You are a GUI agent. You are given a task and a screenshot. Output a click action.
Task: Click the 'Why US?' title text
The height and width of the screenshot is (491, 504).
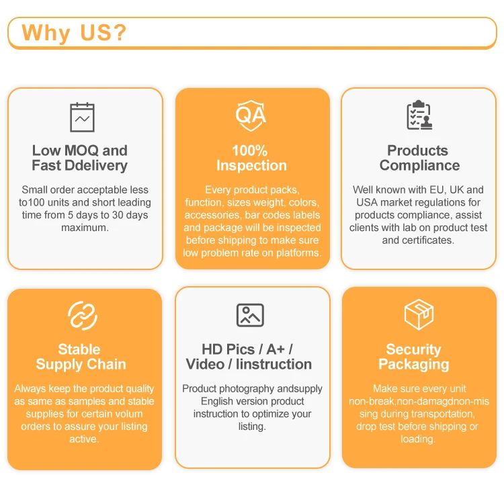(74, 33)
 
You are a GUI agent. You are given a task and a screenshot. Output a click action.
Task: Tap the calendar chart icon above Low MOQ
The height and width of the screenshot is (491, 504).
(83, 118)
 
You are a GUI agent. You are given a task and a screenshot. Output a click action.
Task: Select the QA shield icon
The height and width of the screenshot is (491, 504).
(251, 114)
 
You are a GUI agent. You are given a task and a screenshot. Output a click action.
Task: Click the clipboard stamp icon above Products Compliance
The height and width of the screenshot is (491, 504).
(419, 116)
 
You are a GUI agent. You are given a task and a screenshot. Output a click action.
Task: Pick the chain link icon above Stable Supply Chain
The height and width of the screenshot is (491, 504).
(83, 316)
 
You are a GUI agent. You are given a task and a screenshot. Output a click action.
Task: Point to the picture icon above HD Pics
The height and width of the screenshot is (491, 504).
(250, 315)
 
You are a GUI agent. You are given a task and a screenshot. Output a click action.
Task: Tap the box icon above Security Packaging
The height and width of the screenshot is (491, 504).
(419, 314)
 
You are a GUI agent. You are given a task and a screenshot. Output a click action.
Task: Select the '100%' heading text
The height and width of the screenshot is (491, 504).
(250, 150)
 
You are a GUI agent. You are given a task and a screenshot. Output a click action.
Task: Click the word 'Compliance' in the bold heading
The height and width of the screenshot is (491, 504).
(419, 165)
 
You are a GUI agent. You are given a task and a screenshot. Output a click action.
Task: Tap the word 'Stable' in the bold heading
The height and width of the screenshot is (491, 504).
(79, 349)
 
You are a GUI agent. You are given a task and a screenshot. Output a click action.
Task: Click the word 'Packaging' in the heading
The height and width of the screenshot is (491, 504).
(413, 364)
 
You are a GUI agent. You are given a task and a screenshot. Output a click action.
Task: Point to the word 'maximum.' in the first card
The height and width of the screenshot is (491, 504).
(85, 228)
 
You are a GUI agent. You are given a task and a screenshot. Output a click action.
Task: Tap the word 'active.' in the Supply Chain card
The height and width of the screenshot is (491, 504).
(84, 439)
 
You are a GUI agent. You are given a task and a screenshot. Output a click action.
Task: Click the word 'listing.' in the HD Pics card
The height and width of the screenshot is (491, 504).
(252, 427)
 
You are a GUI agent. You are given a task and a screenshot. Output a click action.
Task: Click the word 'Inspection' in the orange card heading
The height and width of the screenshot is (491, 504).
(251, 165)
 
